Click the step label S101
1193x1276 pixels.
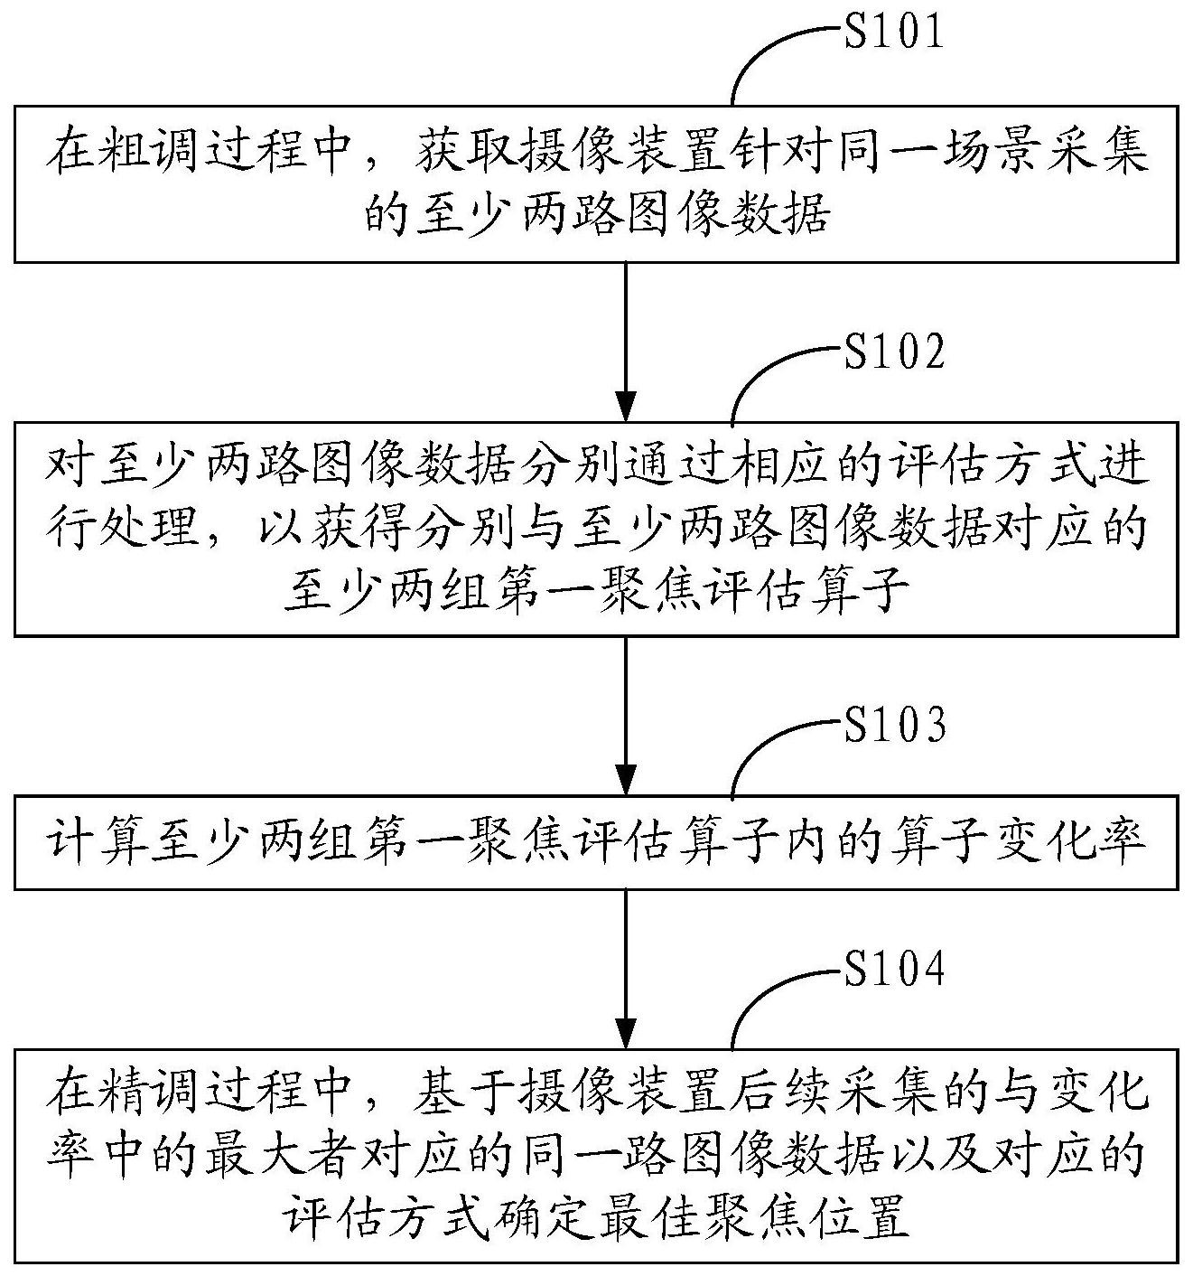[893, 31]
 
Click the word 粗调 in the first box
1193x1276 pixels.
[151, 153]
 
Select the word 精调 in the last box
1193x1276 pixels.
[151, 1093]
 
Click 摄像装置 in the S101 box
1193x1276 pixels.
[621, 153]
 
